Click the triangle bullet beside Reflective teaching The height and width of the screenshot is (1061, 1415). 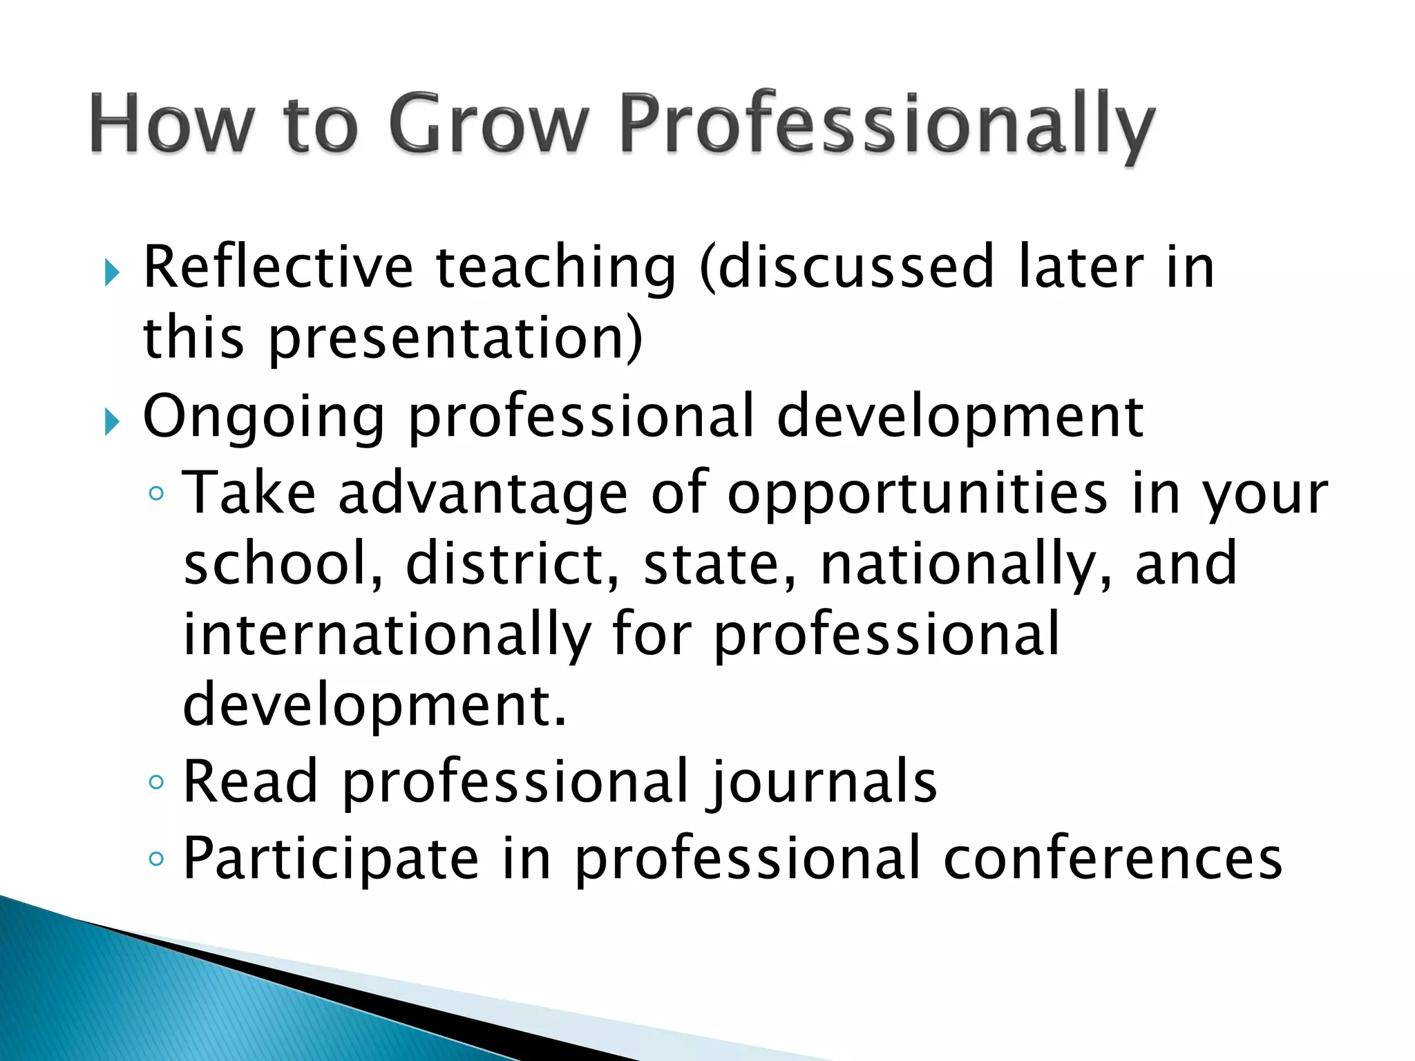pos(112,272)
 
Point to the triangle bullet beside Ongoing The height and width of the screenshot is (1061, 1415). pos(112,421)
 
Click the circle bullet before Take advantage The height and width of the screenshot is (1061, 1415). pos(157,493)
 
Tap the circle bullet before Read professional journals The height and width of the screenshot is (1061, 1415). pos(157,782)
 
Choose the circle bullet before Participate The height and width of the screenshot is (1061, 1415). pos(157,859)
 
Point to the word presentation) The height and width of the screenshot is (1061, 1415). pos(455,340)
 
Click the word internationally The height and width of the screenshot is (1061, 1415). pos(387,635)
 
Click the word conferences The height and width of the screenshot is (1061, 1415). pos(1112,859)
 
